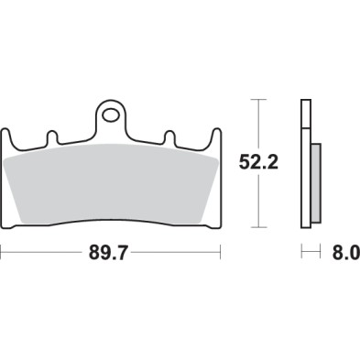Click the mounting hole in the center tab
click(112, 116)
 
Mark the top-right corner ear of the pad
click(214, 135)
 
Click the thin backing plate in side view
click(304, 165)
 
